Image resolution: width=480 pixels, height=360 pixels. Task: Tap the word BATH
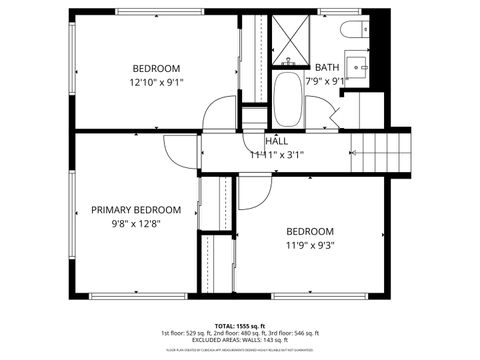click(x=327, y=68)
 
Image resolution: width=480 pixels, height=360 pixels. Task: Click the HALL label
click(x=277, y=141)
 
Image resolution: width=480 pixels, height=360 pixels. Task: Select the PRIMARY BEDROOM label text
click(x=136, y=210)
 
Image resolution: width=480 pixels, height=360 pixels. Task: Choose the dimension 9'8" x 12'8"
click(x=135, y=224)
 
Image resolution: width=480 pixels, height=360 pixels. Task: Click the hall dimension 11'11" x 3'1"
click(x=277, y=155)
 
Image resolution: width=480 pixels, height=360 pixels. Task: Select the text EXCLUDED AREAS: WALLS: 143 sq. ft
click(x=240, y=341)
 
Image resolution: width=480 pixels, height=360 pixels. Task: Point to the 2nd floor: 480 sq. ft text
click(x=241, y=333)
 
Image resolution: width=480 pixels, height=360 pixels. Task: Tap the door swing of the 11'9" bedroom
click(x=250, y=194)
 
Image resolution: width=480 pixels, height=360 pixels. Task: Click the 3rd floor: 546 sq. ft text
click(x=295, y=333)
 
